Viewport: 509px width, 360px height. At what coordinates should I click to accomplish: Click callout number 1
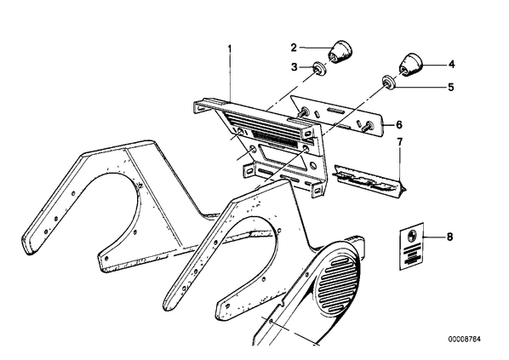click(x=230, y=49)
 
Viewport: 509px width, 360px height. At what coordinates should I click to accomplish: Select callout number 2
click(x=294, y=48)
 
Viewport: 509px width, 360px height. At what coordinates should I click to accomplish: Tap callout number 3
click(x=295, y=67)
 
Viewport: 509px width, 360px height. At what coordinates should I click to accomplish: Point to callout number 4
click(x=451, y=65)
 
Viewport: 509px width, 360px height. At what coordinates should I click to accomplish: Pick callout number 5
click(x=450, y=87)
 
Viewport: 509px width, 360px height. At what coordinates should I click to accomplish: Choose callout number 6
click(x=399, y=124)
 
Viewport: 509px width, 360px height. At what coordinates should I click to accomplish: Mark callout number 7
click(x=399, y=142)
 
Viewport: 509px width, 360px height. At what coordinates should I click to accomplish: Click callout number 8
click(x=449, y=237)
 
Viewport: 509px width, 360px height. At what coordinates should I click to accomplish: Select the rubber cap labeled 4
click(x=409, y=65)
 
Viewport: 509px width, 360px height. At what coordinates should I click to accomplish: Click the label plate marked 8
click(x=411, y=247)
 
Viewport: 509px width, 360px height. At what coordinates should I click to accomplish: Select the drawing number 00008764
click(x=465, y=340)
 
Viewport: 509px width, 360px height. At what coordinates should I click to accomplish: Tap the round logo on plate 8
click(x=409, y=234)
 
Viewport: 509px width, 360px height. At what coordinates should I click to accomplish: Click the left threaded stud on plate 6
click(x=304, y=112)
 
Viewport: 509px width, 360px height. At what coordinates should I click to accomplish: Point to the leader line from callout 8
click(x=433, y=237)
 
